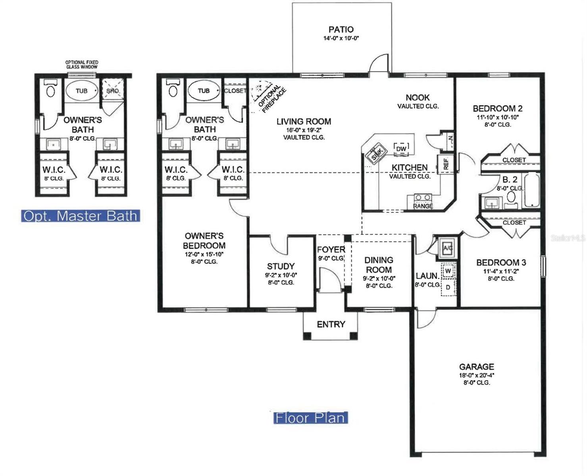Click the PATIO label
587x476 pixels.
(x=341, y=29)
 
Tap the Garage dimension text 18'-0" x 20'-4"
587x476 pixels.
(x=476, y=375)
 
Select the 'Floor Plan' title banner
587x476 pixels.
(x=310, y=418)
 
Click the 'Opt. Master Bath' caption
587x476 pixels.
(x=81, y=216)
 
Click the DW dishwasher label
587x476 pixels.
(x=401, y=149)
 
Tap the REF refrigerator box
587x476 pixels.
(x=445, y=164)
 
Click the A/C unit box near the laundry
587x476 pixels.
(x=448, y=248)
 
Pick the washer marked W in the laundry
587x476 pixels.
(x=448, y=271)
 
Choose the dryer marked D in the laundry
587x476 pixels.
(x=448, y=287)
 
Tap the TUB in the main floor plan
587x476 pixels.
(x=204, y=91)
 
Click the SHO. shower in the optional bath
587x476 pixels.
(x=112, y=91)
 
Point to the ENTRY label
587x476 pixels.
(x=331, y=324)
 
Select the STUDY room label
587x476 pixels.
(x=281, y=266)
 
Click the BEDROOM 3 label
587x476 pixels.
(x=501, y=263)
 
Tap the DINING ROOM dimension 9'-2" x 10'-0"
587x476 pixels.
(x=379, y=278)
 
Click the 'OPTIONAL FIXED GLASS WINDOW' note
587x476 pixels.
(x=82, y=65)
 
